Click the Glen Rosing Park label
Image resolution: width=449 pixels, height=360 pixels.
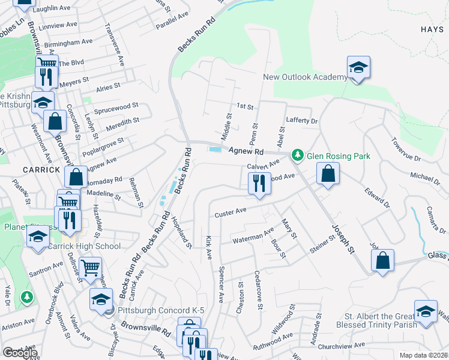click(x=339, y=156)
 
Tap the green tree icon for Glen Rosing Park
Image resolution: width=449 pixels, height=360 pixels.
click(x=297, y=155)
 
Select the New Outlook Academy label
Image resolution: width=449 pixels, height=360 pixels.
click(x=305, y=77)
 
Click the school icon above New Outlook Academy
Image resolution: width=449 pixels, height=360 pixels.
click(x=358, y=67)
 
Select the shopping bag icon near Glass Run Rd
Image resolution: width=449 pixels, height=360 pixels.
click(x=382, y=260)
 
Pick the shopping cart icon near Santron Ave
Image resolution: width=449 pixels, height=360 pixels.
click(x=90, y=268)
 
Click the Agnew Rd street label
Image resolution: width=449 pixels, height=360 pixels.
click(x=246, y=152)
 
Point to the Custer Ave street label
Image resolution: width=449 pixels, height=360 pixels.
click(x=231, y=212)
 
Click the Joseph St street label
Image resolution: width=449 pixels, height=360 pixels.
click(x=342, y=236)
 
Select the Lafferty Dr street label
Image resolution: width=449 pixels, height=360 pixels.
click(x=301, y=120)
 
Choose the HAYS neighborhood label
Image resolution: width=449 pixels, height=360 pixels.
click(x=432, y=29)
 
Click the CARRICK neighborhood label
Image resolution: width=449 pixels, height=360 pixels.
click(x=41, y=169)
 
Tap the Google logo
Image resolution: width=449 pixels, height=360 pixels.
click(x=19, y=353)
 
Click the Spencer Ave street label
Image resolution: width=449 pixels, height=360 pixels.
click(x=221, y=284)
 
